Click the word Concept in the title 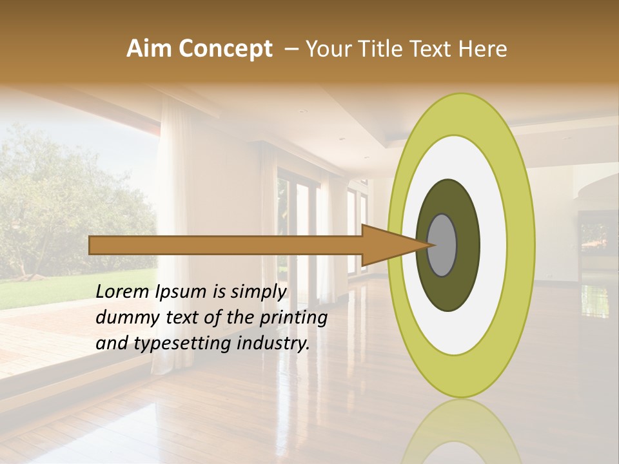tap(226, 49)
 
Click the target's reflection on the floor tap(460, 432)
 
